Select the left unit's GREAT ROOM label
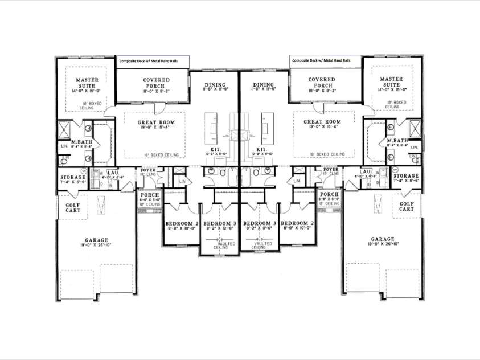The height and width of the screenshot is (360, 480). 156,122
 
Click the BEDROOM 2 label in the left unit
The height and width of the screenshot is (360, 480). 180,223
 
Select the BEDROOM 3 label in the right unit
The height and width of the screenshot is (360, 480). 260,223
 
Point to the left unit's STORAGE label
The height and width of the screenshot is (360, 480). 73,177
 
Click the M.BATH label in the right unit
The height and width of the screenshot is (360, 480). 397,141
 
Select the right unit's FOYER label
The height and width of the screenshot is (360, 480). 330,169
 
